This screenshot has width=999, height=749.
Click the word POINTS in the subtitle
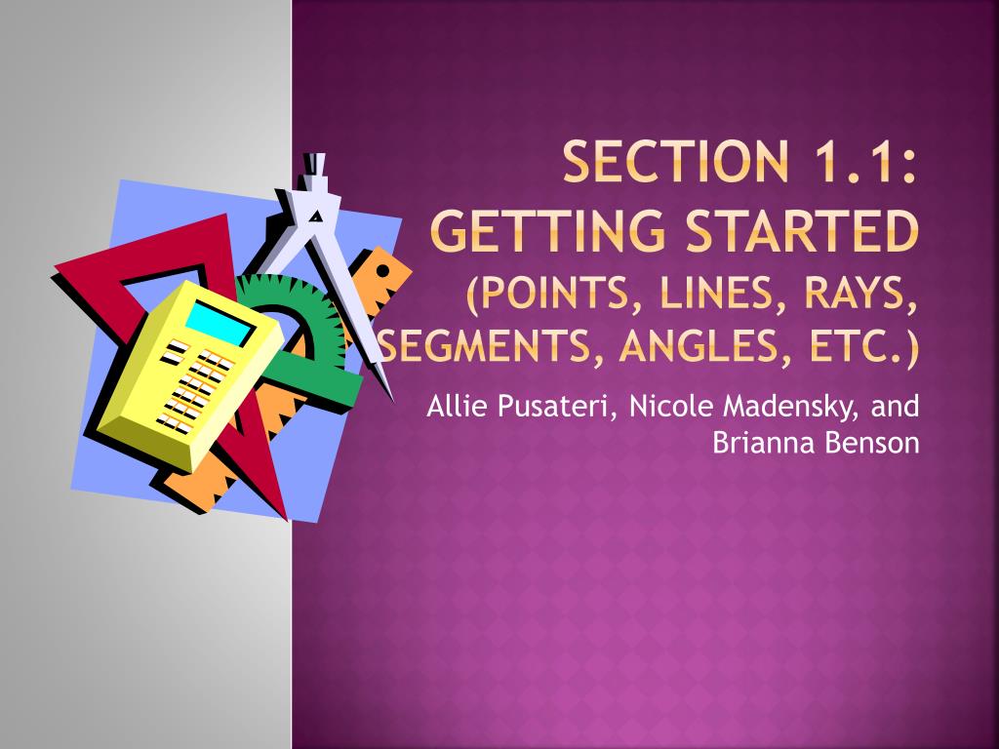550,294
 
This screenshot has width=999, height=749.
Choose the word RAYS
859,294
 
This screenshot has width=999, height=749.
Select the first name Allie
456,406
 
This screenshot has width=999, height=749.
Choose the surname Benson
870,443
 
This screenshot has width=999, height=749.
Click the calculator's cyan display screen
220,322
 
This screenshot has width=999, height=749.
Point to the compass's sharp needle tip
392,398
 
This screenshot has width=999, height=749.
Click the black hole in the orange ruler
383,270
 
